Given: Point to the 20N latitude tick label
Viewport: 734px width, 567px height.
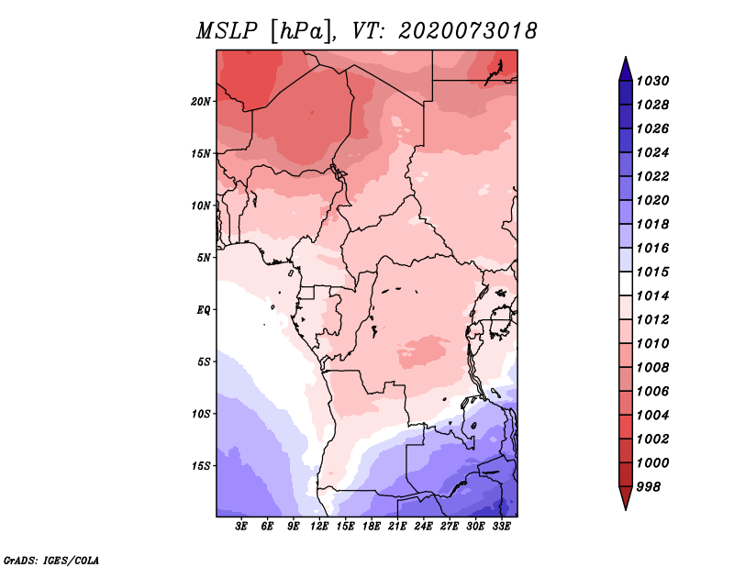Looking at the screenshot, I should point(202,101).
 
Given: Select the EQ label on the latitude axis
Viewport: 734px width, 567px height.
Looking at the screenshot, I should point(204,309).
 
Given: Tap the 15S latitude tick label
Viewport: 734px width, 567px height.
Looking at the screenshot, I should point(202,465).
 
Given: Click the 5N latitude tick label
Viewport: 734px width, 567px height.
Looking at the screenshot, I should point(205,258).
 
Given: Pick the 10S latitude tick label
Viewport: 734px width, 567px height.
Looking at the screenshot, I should point(202,414).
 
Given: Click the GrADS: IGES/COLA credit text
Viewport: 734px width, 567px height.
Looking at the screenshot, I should point(50,559).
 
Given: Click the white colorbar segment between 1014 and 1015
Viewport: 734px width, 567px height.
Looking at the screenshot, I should point(625,284).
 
